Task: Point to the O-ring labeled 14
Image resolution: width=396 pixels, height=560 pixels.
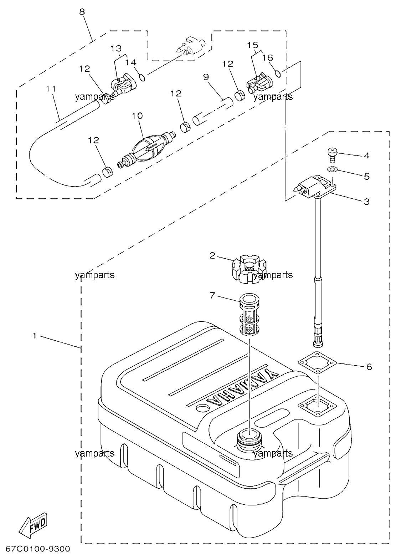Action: pos(142,77)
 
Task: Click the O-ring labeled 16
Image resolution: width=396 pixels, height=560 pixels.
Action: pos(278,74)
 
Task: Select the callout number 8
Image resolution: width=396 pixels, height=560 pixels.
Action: pos(82,12)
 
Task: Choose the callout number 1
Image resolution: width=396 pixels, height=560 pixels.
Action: pos(35,336)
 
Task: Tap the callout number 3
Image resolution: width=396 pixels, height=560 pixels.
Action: pos(366,202)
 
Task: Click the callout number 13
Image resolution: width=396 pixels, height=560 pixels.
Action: pos(116,48)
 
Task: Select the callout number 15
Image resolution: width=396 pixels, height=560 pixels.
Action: pos(253,45)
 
